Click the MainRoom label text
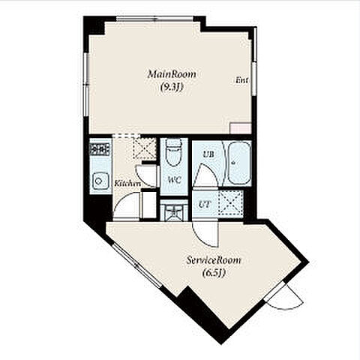pyautogui.click(x=172, y=74)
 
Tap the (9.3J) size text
pyautogui.click(x=172, y=87)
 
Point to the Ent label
pyautogui.click(x=242, y=80)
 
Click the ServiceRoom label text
pyautogui.click(x=214, y=260)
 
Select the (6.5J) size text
pyautogui.click(x=214, y=273)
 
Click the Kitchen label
pyautogui.click(x=127, y=184)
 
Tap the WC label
pyautogui.click(x=174, y=180)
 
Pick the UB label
pyautogui.click(x=208, y=154)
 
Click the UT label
pyautogui.click(x=205, y=205)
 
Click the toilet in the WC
pyautogui.click(x=173, y=152)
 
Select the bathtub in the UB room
pyautogui.click(x=239, y=163)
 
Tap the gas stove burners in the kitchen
pyautogui.click(x=100, y=149)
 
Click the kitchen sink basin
pyautogui.click(x=100, y=181)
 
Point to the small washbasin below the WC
pyautogui.click(x=174, y=211)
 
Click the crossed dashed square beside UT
pyautogui.click(x=230, y=203)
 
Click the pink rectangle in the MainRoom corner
pyautogui.click(x=241, y=128)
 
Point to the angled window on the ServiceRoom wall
pyautogui.click(x=136, y=265)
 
